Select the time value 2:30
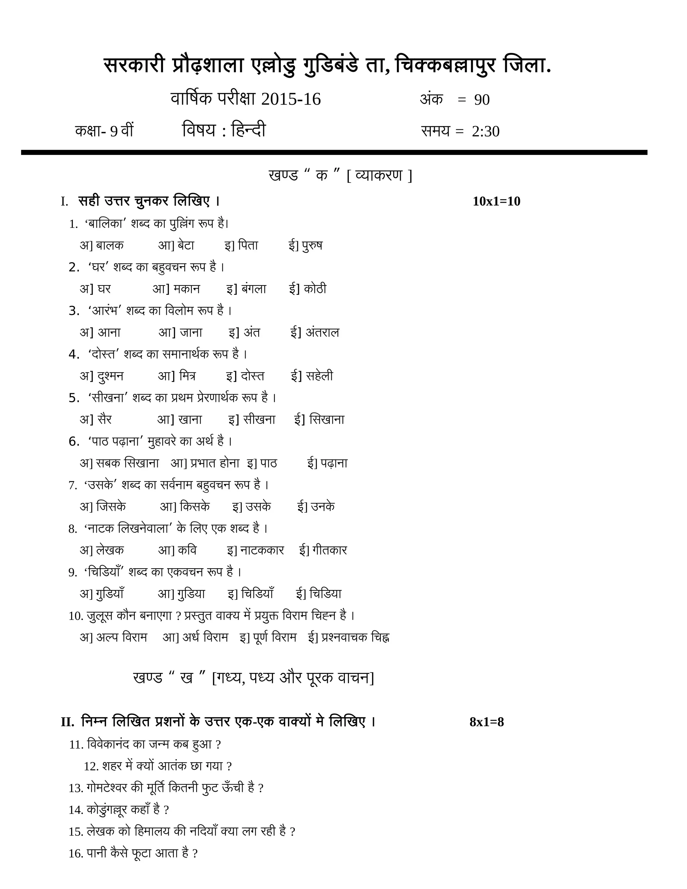485,132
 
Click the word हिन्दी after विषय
248,130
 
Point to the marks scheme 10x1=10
496,201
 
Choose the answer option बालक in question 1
110,246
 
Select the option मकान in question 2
187,289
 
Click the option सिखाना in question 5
327,419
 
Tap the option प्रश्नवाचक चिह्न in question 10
355,637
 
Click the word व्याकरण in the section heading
378,175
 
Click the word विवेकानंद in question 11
108,744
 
